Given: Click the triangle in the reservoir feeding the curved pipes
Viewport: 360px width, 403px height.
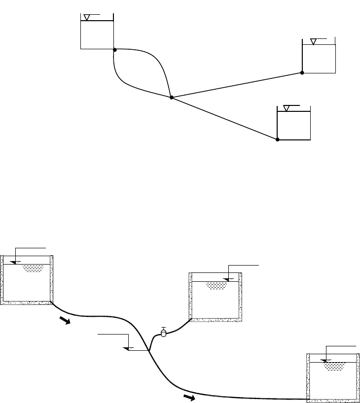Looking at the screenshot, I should (87, 18).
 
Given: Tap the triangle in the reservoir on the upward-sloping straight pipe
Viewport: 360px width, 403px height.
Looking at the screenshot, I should (314, 41).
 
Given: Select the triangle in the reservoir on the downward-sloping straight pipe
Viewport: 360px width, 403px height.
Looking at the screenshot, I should (287, 108).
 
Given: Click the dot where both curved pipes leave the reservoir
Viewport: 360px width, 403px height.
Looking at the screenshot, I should (114, 50).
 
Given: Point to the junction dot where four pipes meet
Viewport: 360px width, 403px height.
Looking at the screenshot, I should (171, 98).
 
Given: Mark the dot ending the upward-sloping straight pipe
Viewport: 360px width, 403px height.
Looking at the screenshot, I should (302, 72).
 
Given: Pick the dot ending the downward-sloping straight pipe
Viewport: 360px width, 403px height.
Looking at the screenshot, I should (277, 139).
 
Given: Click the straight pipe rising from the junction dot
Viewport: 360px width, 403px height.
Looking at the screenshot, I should (237, 85).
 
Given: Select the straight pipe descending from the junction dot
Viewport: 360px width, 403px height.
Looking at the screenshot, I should (224, 119).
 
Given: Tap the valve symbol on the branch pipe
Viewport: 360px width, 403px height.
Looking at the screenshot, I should (164, 333).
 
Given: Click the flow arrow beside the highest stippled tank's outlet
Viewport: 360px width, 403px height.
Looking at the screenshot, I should (64, 320).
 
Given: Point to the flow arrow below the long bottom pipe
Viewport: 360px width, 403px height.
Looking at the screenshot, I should (188, 397).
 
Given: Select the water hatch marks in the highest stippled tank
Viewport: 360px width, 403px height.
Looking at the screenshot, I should (33, 269).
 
